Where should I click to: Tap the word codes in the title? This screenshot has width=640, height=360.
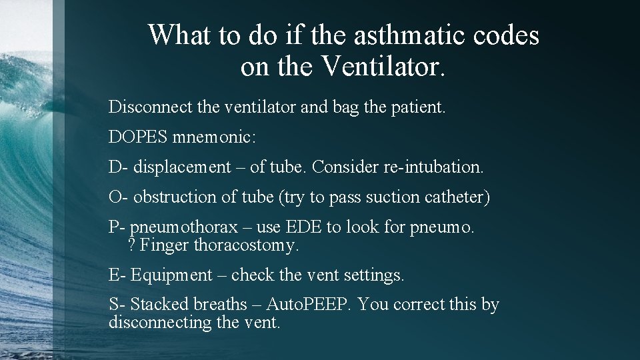[505, 35]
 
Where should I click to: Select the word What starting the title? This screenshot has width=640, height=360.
[181, 35]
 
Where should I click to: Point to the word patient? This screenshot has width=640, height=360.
[415, 107]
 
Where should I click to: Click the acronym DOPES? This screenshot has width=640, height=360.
[138, 137]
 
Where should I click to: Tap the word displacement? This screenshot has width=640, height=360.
[181, 167]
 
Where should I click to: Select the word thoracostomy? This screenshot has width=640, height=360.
[246, 245]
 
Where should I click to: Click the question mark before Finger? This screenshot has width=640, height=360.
[131, 245]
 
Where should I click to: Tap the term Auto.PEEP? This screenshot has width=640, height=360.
[309, 305]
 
